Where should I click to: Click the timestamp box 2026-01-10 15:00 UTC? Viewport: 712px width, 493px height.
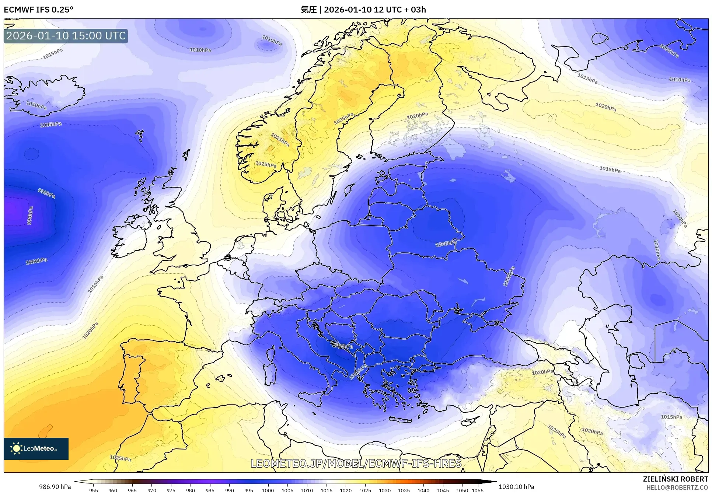point(66,36)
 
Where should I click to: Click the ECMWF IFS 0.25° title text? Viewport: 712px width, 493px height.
point(39,10)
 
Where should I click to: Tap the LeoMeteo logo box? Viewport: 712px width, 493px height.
point(36,448)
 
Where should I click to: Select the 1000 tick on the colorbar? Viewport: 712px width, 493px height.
point(268,490)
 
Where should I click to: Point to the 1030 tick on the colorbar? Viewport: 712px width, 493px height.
point(384,490)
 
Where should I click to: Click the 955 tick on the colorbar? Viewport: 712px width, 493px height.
point(94,490)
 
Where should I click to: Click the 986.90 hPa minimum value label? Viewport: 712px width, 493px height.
point(55,487)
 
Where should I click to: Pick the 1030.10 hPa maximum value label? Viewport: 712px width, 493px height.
point(516,487)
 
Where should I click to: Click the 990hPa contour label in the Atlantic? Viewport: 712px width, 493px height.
point(30,216)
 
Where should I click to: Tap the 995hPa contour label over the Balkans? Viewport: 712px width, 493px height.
point(344,346)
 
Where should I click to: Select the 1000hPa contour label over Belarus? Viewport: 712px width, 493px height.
point(446,244)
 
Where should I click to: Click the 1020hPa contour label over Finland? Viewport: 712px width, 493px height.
point(417,116)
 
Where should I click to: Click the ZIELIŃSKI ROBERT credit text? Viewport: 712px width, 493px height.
point(675,479)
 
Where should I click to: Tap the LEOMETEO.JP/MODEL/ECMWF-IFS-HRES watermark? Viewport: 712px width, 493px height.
point(356,463)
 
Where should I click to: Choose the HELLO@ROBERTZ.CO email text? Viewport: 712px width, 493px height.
point(677,487)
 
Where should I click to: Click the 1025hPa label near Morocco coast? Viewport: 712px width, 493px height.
point(121,458)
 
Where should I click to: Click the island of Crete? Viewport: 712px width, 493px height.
point(400,420)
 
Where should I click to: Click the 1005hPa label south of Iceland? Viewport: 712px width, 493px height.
point(51,125)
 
